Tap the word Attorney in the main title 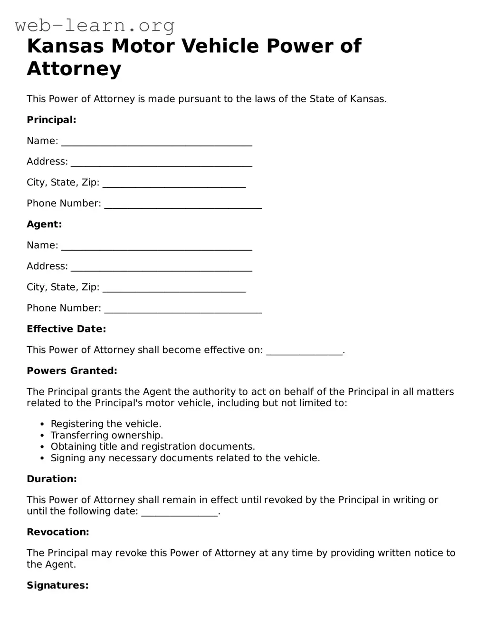tap(74, 68)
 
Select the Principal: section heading tap(51, 120)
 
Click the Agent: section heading tap(44, 224)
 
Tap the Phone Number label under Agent tap(64, 308)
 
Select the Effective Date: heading tap(66, 329)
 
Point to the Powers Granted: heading tap(72, 371)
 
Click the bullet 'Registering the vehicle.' tap(106, 424)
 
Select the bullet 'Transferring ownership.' tap(107, 435)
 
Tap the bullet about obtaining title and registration tap(153, 447)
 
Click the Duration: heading tap(51, 479)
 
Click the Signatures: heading tap(57, 585)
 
